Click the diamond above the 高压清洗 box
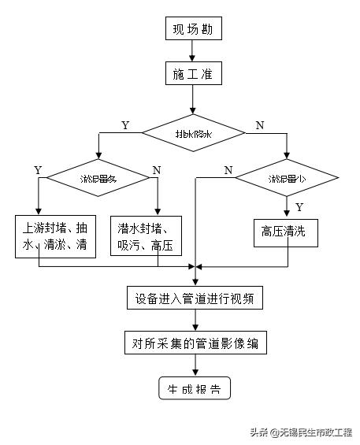287,180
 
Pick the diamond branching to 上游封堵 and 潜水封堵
98,180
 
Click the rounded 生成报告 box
194,389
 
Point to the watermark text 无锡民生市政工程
311,432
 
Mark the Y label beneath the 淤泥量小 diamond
299,207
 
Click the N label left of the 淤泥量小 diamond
228,170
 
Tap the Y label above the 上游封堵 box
37,170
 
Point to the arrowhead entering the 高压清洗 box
287,212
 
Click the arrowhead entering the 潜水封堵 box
158,210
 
